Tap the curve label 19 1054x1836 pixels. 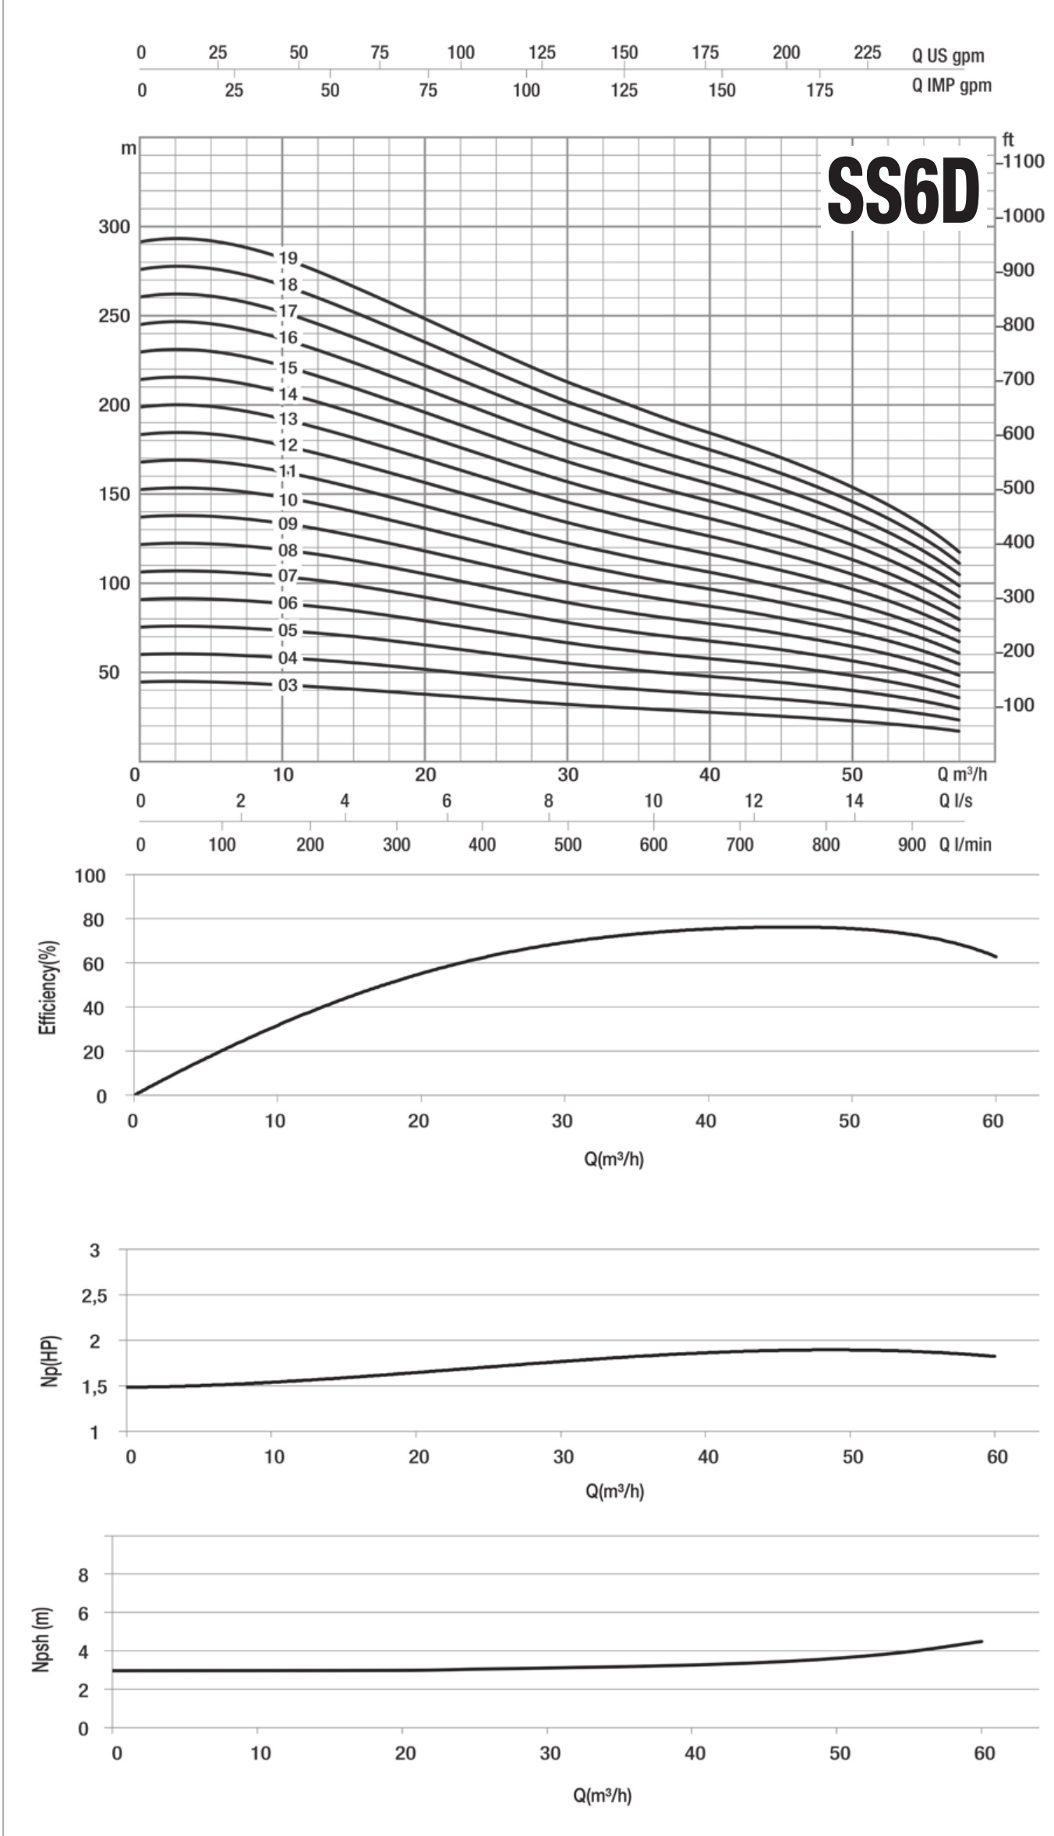point(288,258)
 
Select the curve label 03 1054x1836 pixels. point(288,685)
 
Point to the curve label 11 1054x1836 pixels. point(288,471)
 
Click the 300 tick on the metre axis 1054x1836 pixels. point(115,227)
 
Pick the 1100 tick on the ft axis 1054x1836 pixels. point(1024,161)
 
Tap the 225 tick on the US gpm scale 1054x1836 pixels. point(867,53)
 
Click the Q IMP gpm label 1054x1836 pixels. point(951,86)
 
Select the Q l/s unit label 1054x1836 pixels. point(955,800)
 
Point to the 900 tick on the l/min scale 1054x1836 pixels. point(911,845)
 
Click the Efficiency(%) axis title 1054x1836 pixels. point(48,987)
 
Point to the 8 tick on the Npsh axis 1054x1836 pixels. point(83,1575)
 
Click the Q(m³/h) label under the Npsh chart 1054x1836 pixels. point(602,1795)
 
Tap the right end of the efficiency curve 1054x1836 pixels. point(996,956)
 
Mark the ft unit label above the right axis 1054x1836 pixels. point(1008,140)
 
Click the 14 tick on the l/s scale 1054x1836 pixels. point(854,800)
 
